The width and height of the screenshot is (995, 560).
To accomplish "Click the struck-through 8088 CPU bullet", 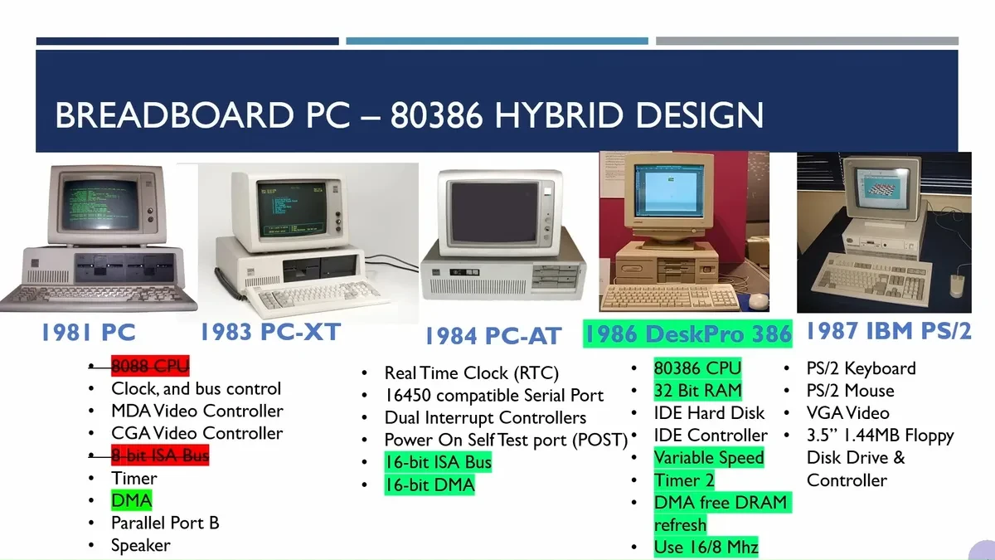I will [x=150, y=367].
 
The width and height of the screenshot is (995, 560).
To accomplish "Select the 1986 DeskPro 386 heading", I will [x=687, y=334].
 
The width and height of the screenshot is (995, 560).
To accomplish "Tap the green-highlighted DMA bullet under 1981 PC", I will [x=131, y=500].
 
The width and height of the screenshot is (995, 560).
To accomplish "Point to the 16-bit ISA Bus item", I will [x=438, y=462].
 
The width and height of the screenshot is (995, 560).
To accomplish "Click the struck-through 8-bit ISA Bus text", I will [x=160, y=455].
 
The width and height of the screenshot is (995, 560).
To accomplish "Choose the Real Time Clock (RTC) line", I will [x=471, y=373].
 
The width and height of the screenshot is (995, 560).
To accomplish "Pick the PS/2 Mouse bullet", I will [x=850, y=391].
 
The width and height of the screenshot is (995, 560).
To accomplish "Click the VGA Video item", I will [x=847, y=413].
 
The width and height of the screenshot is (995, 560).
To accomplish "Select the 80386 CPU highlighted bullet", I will [x=697, y=368].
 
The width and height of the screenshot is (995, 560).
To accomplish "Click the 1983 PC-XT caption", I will [x=269, y=332].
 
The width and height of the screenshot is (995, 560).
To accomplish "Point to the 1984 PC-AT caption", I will [x=493, y=336].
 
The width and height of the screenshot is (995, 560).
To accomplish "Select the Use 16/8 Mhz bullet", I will [x=706, y=547].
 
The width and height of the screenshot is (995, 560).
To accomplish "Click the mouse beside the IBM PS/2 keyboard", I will [x=958, y=285].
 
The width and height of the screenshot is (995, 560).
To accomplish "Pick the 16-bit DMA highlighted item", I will [x=429, y=485].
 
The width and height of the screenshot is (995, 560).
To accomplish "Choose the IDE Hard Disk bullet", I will [x=709, y=413].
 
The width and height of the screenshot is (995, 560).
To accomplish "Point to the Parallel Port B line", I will [x=165, y=523].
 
